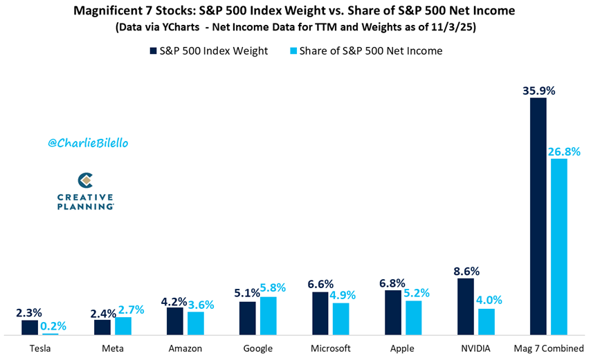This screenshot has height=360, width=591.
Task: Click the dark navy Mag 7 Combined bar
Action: point(538,216)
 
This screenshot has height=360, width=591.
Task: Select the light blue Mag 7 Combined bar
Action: point(559,247)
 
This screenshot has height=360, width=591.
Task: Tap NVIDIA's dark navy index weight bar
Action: point(466,307)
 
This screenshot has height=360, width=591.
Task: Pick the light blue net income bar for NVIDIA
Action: point(487,322)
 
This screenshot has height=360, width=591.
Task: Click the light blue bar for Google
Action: point(269,316)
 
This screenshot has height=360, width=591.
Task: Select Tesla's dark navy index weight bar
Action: point(30,328)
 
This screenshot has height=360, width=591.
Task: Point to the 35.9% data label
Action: point(538,91)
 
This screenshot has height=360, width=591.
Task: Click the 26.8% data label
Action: point(564,151)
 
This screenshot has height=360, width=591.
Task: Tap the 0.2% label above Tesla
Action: point(53,325)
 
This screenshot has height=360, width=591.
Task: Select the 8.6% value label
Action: point(466,272)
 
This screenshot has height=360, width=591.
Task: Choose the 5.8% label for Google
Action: point(273,287)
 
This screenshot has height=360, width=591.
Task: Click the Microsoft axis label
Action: point(331,348)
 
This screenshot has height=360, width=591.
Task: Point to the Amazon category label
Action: point(185,348)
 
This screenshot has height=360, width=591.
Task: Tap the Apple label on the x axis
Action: point(402,349)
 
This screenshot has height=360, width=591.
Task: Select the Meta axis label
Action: point(113,348)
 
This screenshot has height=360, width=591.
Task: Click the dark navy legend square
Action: point(154,50)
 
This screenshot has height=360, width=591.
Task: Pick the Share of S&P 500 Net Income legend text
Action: point(371,50)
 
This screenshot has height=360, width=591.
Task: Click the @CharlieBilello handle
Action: point(88,143)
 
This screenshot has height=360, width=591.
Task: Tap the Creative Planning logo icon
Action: point(86,180)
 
